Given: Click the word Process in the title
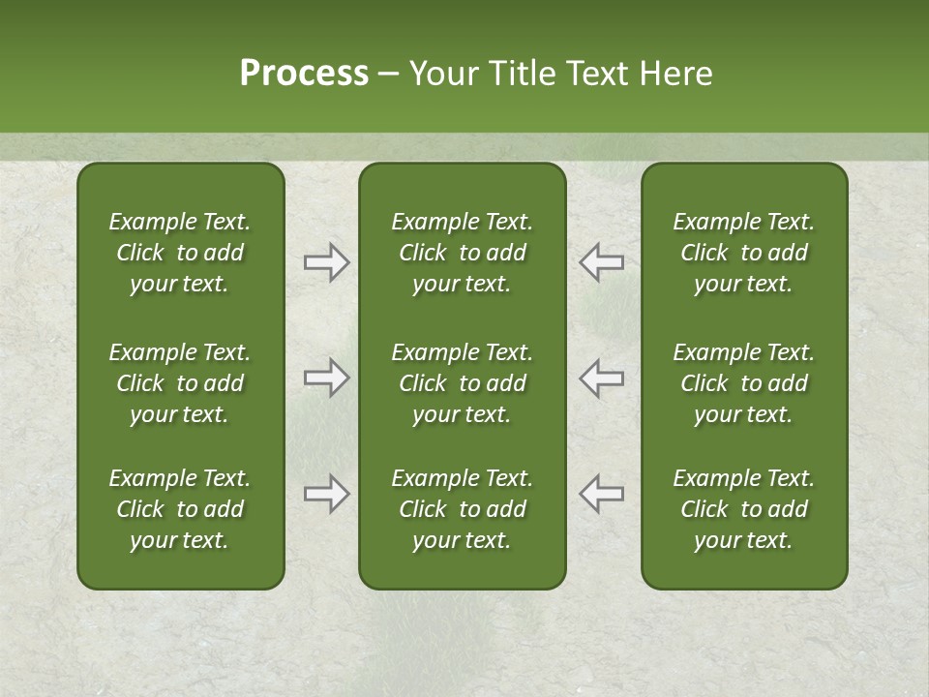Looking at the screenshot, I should pos(304,74).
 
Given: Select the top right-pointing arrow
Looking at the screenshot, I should pos(327,262).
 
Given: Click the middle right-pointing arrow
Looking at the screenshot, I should pos(327,378).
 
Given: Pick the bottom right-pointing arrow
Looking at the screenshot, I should pos(327,494).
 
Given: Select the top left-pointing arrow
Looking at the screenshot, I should pos(601,262).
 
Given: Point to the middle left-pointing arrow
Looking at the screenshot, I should pos(601,378).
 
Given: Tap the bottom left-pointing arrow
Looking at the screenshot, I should pos(601,494).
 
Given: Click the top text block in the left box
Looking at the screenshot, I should pos(180,253).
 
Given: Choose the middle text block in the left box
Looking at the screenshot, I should pos(180,383).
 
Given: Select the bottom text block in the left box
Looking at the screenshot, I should pos(180,509).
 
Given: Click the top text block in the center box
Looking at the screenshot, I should pos(462,253).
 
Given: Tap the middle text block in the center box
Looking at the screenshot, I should pos(462,383).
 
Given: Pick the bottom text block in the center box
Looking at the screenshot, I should pos(462,509).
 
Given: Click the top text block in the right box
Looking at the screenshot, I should pos(743,253).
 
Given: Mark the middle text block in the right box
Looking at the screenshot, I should pos(743,383).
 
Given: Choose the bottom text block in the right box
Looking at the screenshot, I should pos(743,509).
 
